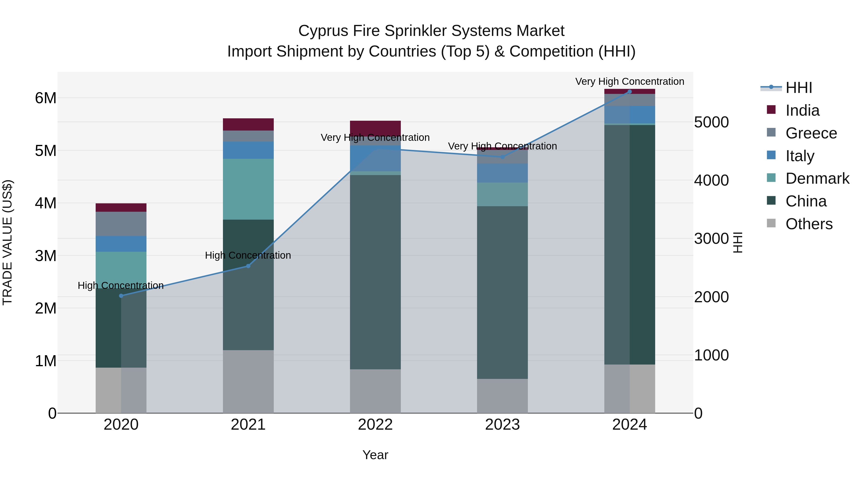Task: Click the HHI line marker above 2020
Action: (x=121, y=296)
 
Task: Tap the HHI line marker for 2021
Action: (x=248, y=266)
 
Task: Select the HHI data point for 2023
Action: (x=502, y=157)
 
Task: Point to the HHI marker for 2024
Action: (x=630, y=92)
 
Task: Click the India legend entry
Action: (x=802, y=110)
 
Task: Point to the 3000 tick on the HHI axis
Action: (x=711, y=239)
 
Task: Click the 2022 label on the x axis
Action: (x=375, y=425)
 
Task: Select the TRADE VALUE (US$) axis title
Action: (x=7, y=242)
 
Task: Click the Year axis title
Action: (x=375, y=455)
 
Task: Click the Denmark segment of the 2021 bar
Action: (x=248, y=189)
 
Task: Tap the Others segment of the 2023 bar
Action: (x=502, y=396)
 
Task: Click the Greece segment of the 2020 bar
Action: (x=121, y=224)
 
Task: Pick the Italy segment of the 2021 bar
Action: (x=248, y=150)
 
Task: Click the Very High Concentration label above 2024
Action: (x=630, y=82)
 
